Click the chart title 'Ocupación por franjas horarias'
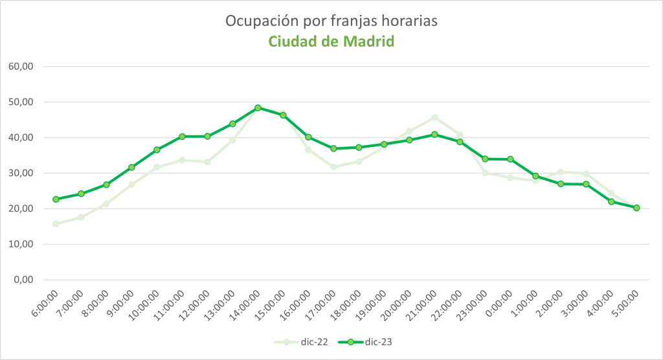(x=331, y=21)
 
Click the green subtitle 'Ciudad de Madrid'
(x=331, y=41)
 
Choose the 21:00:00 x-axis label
(x=423, y=304)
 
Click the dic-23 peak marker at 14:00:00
(x=258, y=107)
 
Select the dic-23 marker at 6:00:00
(x=56, y=199)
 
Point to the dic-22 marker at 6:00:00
(x=56, y=224)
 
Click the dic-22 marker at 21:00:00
(x=434, y=118)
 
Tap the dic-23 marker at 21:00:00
(x=434, y=134)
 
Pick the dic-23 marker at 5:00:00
(x=636, y=208)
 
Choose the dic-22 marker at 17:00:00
(x=333, y=167)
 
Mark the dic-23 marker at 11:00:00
(x=182, y=137)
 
